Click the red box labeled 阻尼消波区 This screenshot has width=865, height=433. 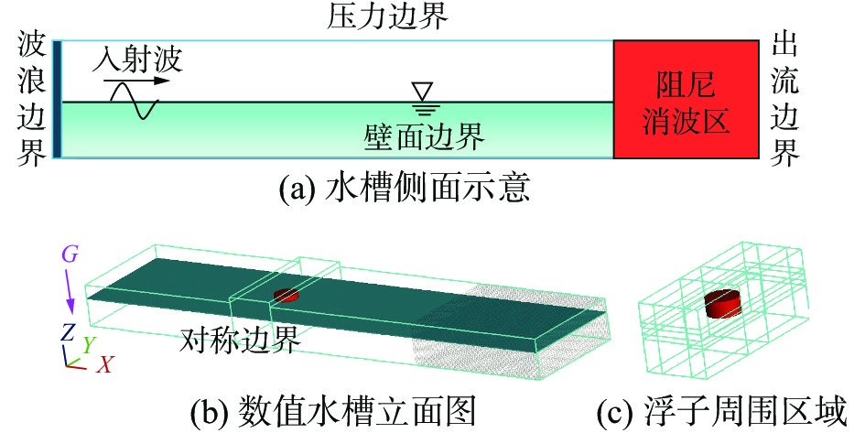685,100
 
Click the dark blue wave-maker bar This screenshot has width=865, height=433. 57,100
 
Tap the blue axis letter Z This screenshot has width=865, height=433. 68,331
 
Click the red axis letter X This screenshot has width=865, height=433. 105,364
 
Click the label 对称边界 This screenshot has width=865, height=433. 240,341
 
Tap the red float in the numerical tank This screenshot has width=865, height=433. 286,295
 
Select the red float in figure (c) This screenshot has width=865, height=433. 723,303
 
